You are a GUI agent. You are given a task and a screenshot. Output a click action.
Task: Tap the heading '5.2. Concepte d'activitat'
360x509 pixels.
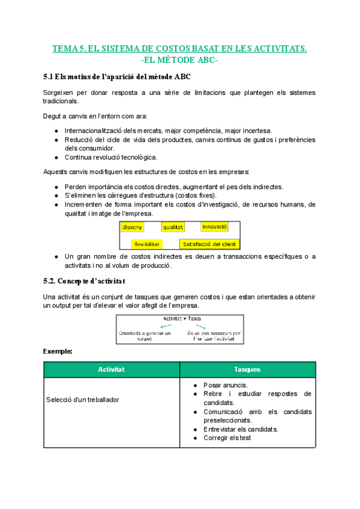85,281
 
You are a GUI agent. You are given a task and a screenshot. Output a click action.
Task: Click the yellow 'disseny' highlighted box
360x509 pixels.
132,227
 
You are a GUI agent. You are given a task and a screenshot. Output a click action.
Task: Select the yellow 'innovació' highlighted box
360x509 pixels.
214,227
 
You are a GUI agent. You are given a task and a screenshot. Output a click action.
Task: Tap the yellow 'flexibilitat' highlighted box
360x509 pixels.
146,244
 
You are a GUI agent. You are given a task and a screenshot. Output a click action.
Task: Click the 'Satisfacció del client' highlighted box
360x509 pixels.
210,244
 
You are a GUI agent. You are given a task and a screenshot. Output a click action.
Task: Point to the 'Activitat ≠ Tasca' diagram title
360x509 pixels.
180,318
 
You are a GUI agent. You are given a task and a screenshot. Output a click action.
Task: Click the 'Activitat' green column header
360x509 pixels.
111,370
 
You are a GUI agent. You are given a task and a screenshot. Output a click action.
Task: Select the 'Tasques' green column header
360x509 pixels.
247,370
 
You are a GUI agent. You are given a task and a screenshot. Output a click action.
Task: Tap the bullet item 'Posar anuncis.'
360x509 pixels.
226,385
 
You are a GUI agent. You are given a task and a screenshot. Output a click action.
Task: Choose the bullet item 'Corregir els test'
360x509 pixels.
227,438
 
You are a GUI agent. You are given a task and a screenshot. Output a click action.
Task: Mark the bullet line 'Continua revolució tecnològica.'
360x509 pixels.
111,157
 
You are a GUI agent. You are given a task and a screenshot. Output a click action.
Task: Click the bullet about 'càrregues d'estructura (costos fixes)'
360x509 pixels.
141,196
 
